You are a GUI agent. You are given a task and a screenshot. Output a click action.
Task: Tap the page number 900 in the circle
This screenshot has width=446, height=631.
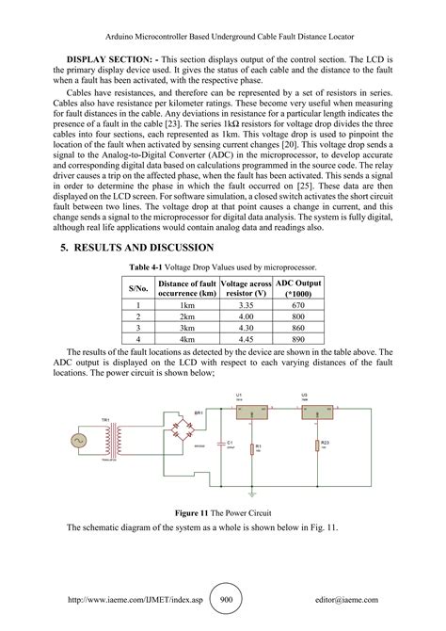tap(226, 599)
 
